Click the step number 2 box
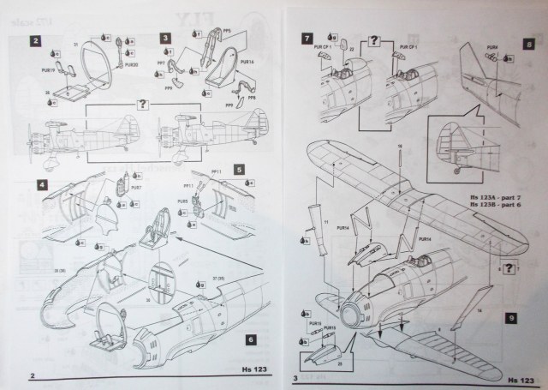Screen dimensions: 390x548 point(36,40)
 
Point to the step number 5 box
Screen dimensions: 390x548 point(240,171)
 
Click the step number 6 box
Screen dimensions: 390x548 point(249,339)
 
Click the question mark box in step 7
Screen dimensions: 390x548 point(374,39)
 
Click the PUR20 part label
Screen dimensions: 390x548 point(131,64)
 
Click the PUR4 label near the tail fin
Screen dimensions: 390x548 point(492,46)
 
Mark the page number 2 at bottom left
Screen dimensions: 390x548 point(32,376)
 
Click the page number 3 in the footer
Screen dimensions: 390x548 point(295,377)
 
